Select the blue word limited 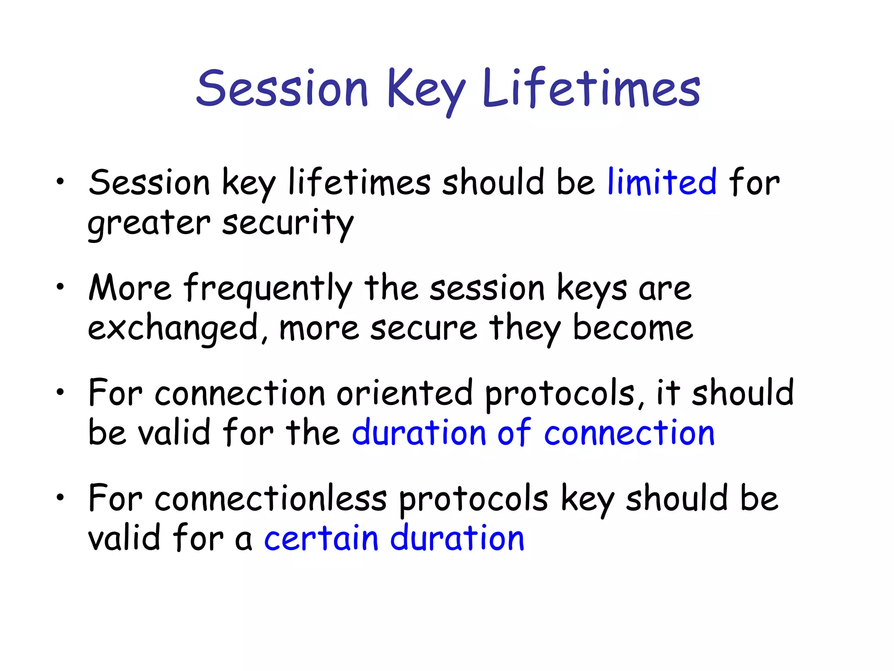click(662, 182)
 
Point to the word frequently click(267, 288)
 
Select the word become click(633, 329)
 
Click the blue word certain click(321, 538)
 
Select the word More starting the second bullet click(130, 288)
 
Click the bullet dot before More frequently click(60, 286)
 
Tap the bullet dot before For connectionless click(60, 497)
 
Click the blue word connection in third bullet click(629, 433)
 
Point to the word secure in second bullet click(423, 329)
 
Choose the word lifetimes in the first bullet click(359, 182)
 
